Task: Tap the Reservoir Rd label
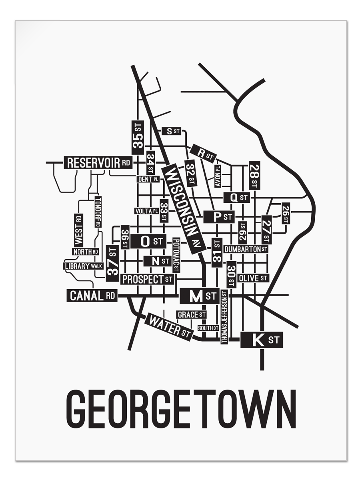pos(98,163)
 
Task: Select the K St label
pos(262,340)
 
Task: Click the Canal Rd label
pos(92,296)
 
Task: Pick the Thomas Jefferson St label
pos(224,317)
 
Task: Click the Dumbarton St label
pos(246,249)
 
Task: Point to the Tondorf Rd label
pos(98,212)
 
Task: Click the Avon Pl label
pos(218,176)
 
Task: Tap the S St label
pos(171,131)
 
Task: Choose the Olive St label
pos(253,278)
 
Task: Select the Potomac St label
pos(176,255)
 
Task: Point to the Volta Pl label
pos(146,211)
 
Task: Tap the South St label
pos(208,328)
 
